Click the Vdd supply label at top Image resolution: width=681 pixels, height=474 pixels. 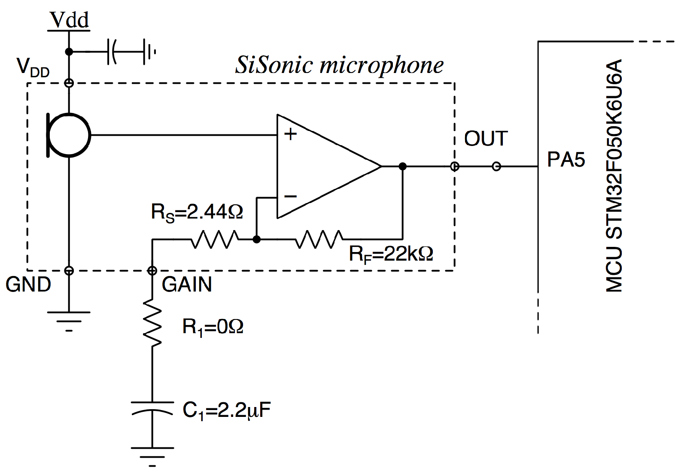(x=69, y=20)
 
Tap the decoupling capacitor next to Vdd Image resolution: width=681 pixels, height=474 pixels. (x=112, y=52)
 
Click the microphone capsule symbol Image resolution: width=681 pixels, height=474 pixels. (x=69, y=135)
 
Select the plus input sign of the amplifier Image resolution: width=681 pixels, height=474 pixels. (x=291, y=134)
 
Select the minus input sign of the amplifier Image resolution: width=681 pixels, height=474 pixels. (x=291, y=197)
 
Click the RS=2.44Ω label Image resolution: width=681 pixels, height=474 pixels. (x=197, y=212)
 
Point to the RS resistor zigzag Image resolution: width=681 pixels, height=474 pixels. (x=214, y=240)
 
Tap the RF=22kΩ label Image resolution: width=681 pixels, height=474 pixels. (x=391, y=254)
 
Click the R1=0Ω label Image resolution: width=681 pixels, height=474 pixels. (x=213, y=327)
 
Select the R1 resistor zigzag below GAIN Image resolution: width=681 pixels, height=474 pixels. (x=152, y=322)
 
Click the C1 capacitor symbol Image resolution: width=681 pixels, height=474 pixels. (x=152, y=408)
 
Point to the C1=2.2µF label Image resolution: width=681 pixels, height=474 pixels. (x=227, y=410)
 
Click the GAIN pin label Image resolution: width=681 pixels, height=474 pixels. (x=187, y=285)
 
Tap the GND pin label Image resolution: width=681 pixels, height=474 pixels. (x=28, y=285)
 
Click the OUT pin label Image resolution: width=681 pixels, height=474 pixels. (x=486, y=139)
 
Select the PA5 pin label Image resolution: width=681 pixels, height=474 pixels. (x=566, y=160)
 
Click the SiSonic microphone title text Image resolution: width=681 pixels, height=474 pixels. (x=339, y=66)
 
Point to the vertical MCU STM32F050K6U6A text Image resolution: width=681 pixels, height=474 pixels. (x=614, y=176)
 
